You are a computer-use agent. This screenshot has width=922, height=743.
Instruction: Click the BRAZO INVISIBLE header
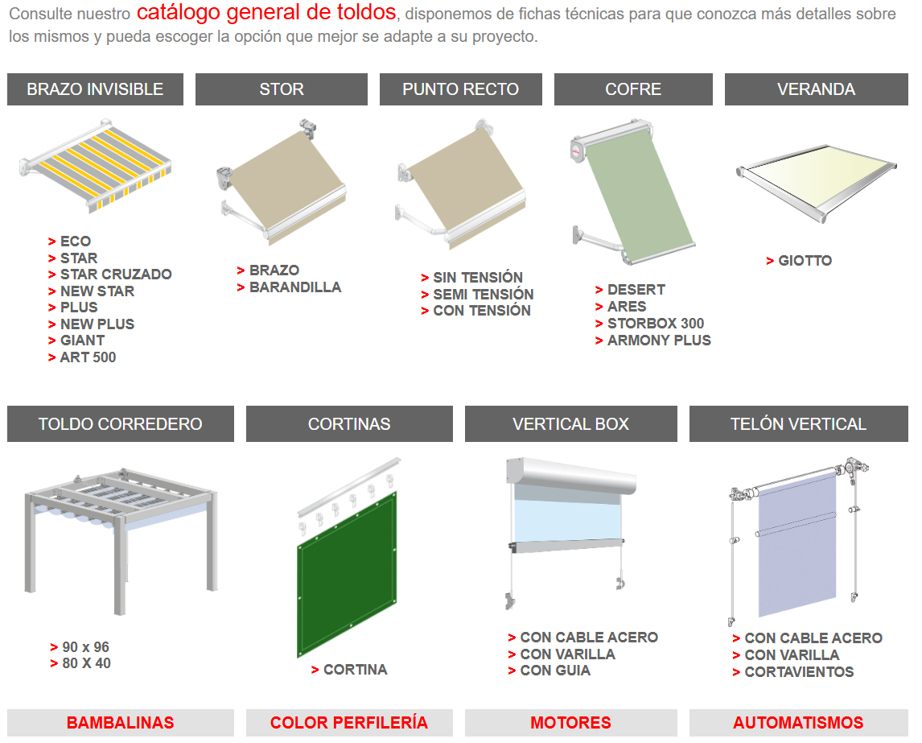95,89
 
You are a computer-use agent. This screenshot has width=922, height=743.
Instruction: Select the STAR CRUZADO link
116,274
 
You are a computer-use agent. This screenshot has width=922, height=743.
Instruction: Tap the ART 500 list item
88,357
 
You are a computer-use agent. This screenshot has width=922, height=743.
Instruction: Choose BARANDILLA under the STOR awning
295,287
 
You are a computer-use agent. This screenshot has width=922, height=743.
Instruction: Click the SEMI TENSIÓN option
484,294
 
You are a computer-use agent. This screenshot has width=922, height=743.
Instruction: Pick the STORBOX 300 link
656,324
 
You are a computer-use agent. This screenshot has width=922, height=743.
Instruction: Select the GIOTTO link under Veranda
805,261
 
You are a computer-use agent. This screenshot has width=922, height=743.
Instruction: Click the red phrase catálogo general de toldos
266,12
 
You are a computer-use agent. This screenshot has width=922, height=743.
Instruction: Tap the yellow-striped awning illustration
95,166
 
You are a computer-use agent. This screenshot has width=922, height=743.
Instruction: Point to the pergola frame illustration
121,541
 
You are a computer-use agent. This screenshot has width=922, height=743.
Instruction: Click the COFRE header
633,89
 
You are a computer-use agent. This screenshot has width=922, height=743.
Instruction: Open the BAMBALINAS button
121,722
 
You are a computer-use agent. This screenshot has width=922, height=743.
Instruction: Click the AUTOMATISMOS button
799,722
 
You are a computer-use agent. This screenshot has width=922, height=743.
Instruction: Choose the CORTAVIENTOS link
799,672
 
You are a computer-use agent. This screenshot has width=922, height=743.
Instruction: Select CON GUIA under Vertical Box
555,671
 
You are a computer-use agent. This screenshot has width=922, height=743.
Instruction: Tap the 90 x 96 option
86,647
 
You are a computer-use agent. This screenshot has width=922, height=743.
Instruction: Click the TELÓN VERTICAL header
799,424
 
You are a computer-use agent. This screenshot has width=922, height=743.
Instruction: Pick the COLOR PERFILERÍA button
349,722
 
